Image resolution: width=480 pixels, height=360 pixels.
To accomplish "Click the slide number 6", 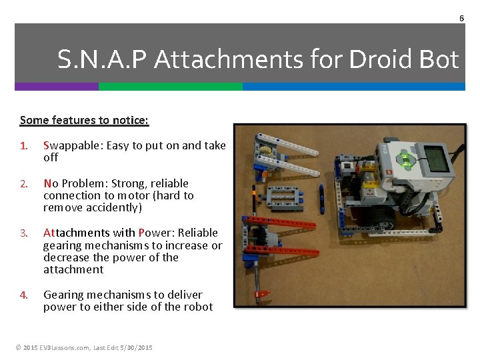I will pos(461,18).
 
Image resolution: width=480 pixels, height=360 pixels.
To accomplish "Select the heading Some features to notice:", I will pos(84,120).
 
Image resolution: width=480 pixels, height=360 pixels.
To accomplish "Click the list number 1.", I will pos(24,145).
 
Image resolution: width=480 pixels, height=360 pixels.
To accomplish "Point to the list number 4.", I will pos(24,295).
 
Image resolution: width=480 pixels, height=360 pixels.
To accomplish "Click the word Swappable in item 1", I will pos(71,145).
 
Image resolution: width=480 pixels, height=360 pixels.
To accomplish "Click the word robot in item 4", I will pos(197,307).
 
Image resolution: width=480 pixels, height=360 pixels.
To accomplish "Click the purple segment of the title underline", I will pos(56,86).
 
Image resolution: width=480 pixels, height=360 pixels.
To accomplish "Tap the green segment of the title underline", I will pos(170,86).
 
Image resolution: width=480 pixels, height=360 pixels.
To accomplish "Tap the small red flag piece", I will pos(262,293).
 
